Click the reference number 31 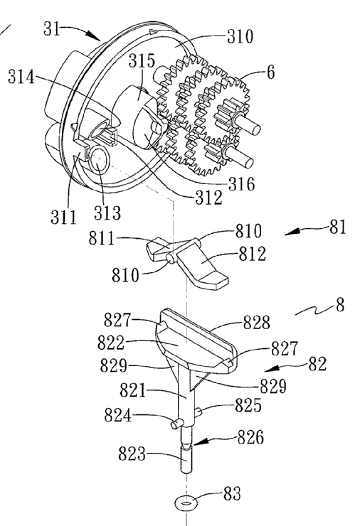[x=52, y=28]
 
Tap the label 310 [x=240, y=36]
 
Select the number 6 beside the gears [x=270, y=72]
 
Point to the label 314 [x=21, y=77]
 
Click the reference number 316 [x=241, y=184]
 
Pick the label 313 [x=107, y=213]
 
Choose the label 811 [x=102, y=239]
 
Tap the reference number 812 [x=252, y=254]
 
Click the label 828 [x=257, y=323]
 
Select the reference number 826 [x=250, y=437]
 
